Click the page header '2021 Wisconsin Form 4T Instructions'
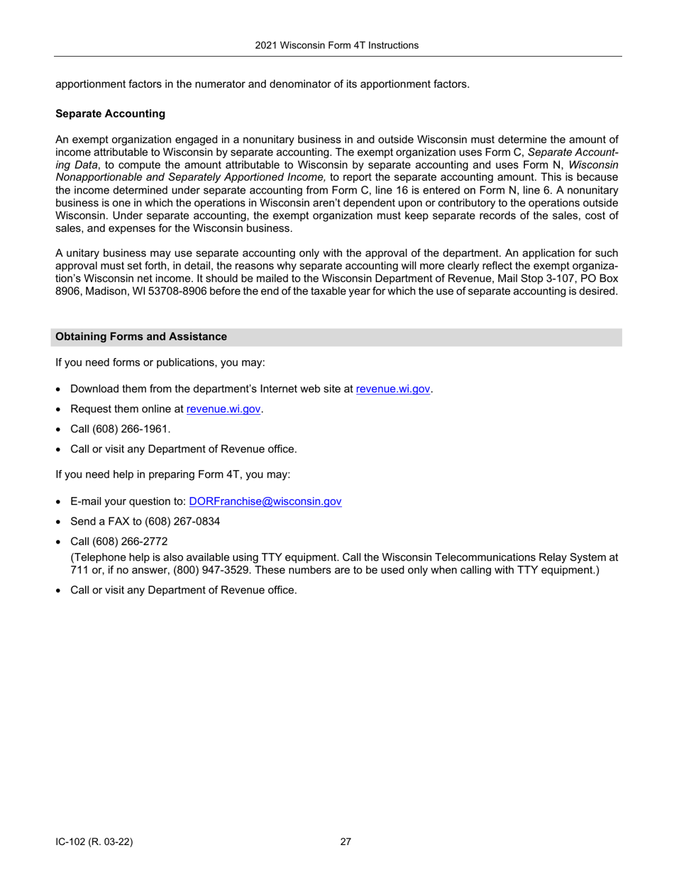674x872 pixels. coord(336,45)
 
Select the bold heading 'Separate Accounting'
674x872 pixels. coord(110,113)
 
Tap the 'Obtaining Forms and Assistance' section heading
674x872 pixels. coord(141,337)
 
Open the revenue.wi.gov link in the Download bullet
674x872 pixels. coord(393,389)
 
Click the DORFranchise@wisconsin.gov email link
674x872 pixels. coord(265,501)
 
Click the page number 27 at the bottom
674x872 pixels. coord(346,842)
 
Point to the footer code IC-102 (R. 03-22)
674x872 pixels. coord(94,842)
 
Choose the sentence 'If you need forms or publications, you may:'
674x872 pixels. coord(160,362)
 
